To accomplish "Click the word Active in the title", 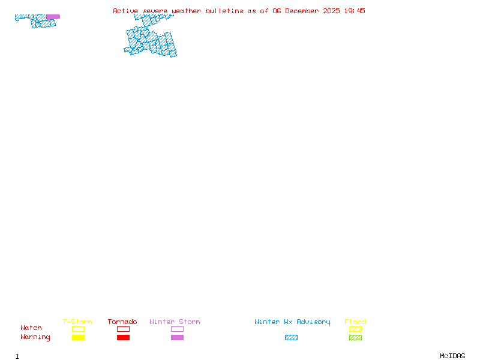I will click(127, 11).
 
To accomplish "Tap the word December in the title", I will click(302, 11).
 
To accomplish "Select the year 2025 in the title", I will click(332, 11).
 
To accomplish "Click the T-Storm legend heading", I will click(77, 322).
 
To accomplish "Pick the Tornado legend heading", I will click(122, 322).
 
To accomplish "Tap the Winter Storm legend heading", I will click(175, 322).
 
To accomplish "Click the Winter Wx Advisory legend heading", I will click(292, 322).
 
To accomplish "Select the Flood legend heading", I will click(355, 322).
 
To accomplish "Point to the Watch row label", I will click(31, 328).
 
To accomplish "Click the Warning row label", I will click(35, 337).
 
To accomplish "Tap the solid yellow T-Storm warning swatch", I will click(78, 338).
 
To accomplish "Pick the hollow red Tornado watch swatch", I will click(123, 329).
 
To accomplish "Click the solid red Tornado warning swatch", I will click(123, 338).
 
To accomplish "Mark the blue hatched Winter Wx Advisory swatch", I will click(291, 338).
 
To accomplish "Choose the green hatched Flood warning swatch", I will click(355, 338).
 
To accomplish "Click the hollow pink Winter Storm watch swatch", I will click(177, 329).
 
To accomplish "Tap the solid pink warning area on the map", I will click(53, 17).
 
